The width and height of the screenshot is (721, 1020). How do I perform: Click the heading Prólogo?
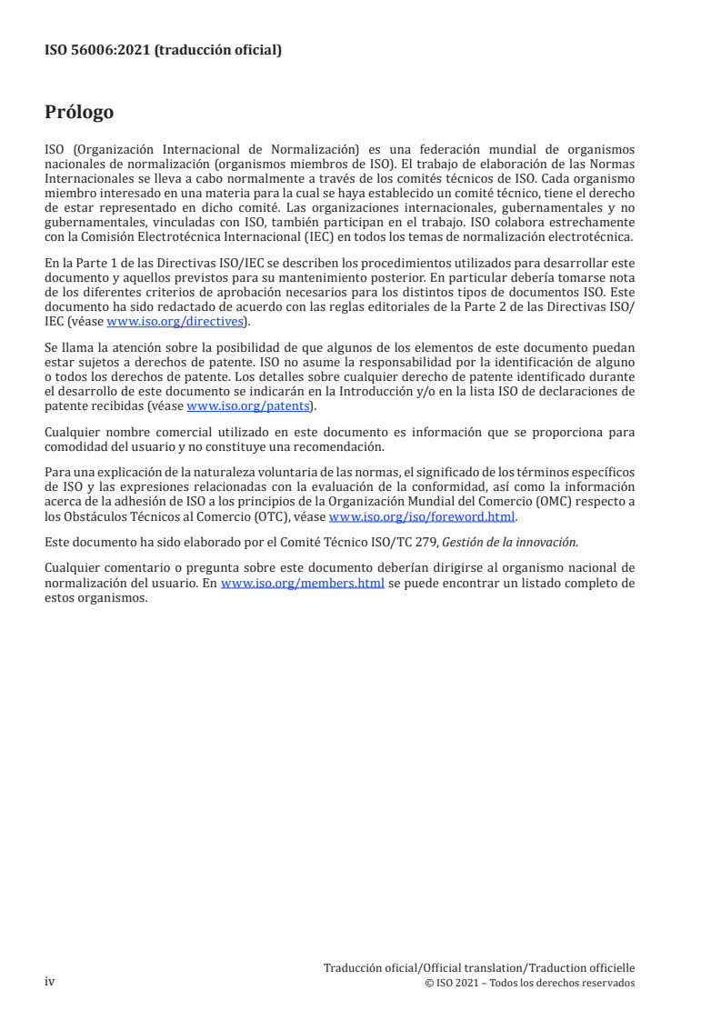coord(79,113)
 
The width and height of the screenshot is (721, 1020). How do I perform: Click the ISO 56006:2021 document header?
coord(163,51)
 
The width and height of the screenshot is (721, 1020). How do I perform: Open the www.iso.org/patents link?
coord(248,406)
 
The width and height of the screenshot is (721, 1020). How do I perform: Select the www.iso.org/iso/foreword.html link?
coord(421,516)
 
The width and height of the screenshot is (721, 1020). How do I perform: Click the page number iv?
coord(50,982)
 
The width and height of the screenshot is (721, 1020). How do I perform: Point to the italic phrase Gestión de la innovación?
coord(519,542)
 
